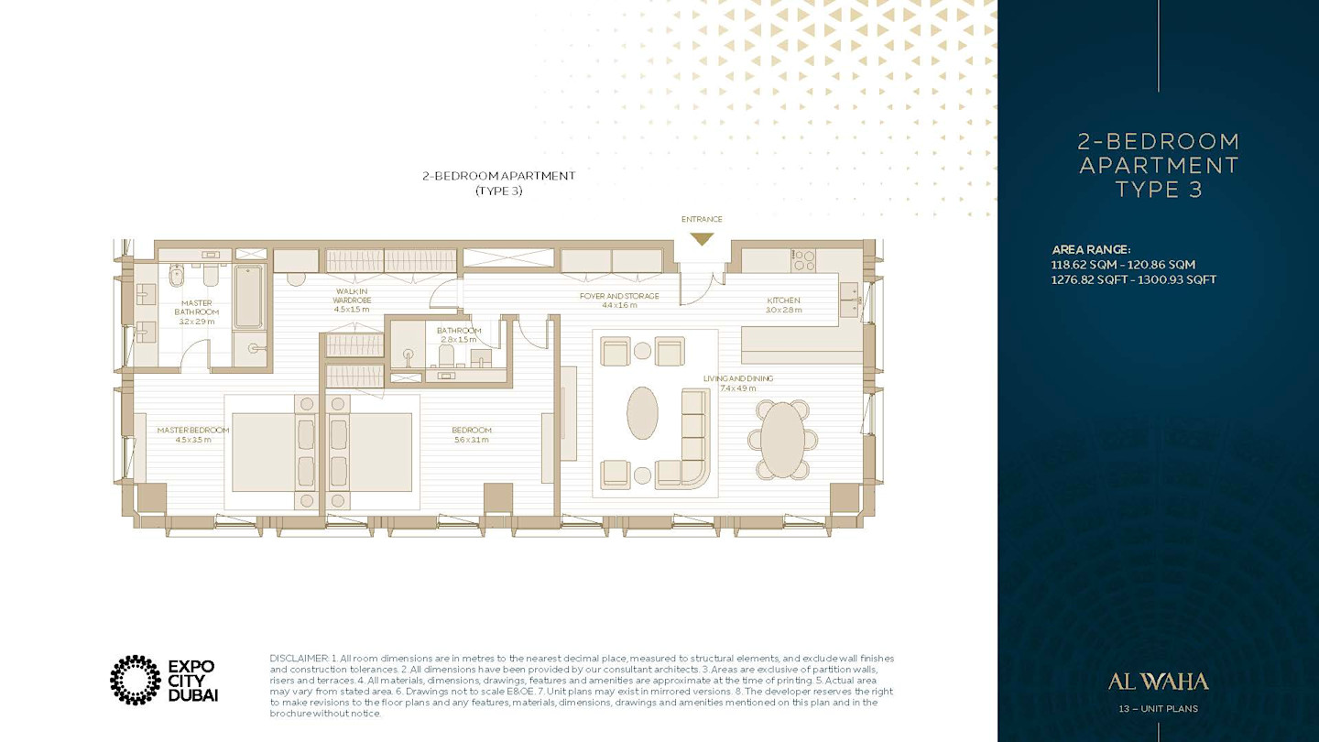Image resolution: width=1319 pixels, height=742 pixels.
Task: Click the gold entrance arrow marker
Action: tap(702, 238)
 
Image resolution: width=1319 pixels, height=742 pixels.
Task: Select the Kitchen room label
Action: tap(784, 300)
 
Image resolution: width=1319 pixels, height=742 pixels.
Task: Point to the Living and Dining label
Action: tap(738, 378)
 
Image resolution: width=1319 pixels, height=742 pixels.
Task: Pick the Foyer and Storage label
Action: tap(619, 296)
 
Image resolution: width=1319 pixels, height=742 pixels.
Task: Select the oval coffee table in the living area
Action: tap(642, 412)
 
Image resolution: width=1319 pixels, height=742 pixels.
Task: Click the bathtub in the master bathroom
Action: tap(248, 297)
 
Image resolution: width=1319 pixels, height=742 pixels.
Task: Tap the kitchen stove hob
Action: tap(803, 260)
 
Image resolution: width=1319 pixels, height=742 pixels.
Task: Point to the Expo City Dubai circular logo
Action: tap(136, 680)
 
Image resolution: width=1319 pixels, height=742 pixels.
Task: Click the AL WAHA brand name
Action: tap(1158, 682)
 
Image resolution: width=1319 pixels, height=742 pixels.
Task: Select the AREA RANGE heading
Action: tap(1091, 250)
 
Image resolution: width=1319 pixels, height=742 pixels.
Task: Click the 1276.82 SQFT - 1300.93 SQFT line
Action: tap(1134, 279)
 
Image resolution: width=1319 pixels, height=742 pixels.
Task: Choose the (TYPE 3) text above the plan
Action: tap(498, 191)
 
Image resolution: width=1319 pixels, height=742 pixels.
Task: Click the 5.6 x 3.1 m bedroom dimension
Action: tap(471, 440)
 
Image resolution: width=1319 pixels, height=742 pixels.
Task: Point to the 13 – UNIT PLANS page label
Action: tap(1158, 709)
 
